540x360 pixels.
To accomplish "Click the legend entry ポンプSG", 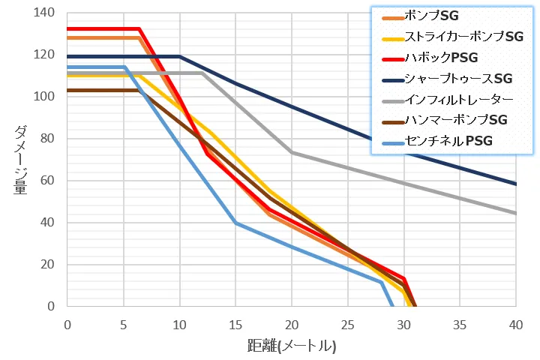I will (x=431, y=16).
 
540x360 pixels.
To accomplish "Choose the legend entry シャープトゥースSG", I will (x=458, y=78).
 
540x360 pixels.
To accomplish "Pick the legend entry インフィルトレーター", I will (x=458, y=99).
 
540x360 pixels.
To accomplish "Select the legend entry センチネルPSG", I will (x=446, y=140).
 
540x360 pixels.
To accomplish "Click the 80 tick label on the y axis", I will (x=49, y=139).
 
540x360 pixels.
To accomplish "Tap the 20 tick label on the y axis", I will (x=49, y=265).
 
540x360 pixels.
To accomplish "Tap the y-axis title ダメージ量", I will (x=21, y=160).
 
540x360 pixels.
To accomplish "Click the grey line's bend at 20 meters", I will (x=292, y=152).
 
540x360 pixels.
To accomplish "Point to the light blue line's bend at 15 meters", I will (x=235, y=223).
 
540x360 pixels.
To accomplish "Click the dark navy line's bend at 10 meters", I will (x=180, y=56).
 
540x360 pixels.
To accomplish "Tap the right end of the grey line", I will (x=516, y=213).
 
